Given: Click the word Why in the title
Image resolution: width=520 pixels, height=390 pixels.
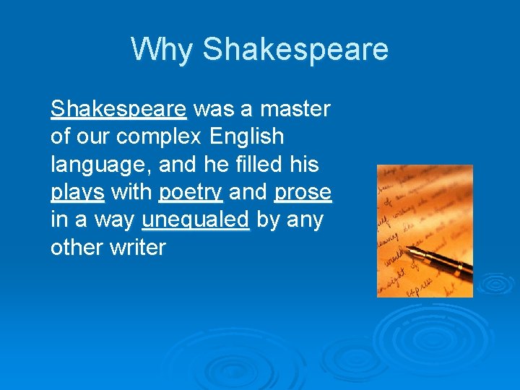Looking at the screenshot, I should pos(162,50).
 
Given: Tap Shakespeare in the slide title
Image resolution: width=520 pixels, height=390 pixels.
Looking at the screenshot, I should pos(295,50).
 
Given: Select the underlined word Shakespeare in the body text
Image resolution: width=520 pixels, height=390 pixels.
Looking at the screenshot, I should pos(118,109).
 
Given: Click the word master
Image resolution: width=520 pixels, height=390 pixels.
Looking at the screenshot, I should pos(295,109).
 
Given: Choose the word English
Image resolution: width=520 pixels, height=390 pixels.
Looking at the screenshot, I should pos(248,136).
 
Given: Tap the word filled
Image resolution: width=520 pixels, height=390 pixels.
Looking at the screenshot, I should pos(256,164).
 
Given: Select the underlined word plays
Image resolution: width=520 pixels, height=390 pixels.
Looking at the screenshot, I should pos(77,193).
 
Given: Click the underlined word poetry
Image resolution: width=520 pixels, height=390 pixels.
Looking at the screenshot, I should pos(191,193).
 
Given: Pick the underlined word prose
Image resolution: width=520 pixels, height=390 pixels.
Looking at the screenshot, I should pos(303,193).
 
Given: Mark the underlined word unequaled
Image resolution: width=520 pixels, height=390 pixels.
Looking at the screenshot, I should pos(196,220).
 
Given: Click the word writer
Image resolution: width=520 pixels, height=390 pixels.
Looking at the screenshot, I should pos(136,248).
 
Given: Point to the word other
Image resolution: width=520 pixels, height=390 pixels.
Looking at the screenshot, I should pos(74,248).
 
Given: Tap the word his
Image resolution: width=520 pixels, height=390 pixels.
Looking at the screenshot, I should pos(303,164).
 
